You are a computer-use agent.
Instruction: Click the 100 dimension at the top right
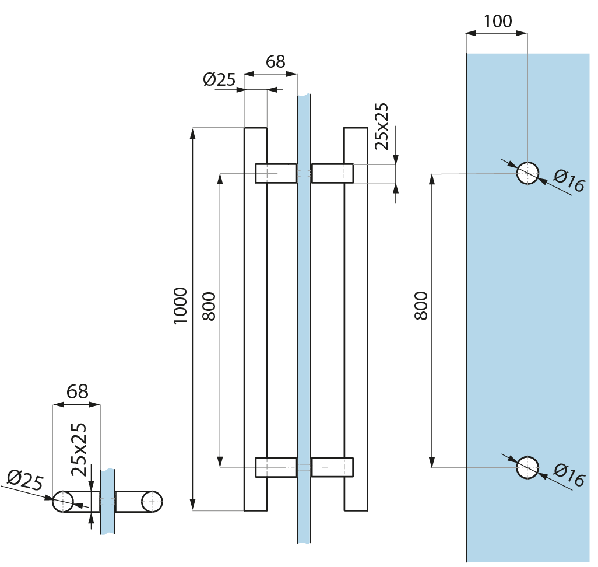(498, 22)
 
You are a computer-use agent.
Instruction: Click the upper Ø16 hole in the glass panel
(527, 173)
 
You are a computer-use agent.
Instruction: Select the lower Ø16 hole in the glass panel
(527, 467)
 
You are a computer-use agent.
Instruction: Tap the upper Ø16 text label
(569, 181)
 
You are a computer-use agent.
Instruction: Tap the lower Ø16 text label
(569, 475)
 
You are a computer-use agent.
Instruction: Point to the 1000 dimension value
(181, 306)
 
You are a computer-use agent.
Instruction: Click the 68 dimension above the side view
(275, 61)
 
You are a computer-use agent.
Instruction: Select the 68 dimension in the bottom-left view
(77, 391)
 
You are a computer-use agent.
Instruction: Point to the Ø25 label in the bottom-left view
(25, 481)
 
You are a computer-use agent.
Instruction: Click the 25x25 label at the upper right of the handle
(382, 127)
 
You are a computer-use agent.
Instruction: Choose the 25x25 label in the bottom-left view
(80, 449)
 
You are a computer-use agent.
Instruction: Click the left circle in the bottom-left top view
(63, 501)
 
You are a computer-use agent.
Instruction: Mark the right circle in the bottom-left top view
(152, 501)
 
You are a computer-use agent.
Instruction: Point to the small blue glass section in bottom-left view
(108, 502)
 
